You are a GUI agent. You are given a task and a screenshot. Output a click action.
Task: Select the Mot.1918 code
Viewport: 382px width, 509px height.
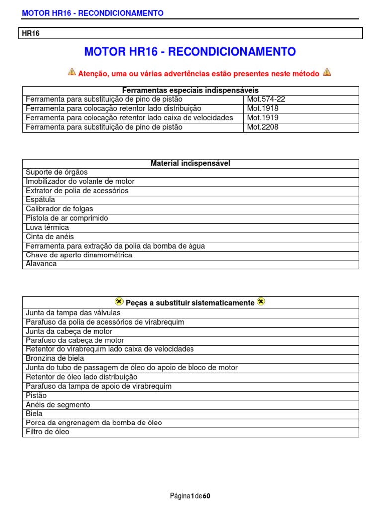(x=263, y=108)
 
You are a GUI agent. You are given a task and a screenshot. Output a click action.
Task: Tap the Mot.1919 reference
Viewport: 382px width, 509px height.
(x=263, y=118)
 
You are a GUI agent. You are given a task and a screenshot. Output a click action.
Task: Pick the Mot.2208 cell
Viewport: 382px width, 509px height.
(x=263, y=127)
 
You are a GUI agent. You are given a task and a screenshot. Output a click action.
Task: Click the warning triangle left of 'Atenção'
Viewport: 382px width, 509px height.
(x=72, y=72)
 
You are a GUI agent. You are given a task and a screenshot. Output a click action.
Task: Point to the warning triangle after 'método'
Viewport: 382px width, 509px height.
(x=327, y=72)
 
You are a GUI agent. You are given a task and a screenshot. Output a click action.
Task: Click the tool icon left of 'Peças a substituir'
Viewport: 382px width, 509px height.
(x=119, y=301)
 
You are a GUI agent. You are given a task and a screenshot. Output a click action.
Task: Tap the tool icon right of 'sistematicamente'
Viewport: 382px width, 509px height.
(x=261, y=301)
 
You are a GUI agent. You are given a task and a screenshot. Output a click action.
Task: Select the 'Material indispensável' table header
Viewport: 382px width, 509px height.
(x=190, y=163)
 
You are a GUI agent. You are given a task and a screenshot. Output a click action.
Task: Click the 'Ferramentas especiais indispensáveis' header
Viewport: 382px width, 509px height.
(x=190, y=90)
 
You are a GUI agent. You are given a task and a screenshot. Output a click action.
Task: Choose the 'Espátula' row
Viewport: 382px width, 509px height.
(x=40, y=200)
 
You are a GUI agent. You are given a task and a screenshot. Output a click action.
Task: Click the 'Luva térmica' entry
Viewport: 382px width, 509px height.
(x=47, y=227)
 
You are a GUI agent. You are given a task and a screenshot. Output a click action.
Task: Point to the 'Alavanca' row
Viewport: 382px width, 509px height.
(x=41, y=264)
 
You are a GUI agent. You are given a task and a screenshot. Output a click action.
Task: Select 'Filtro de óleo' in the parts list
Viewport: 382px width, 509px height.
(x=48, y=432)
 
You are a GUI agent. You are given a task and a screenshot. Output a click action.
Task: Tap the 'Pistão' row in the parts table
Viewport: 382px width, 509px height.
(x=36, y=395)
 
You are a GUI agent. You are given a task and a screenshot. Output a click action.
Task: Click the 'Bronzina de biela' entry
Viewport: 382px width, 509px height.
(x=55, y=358)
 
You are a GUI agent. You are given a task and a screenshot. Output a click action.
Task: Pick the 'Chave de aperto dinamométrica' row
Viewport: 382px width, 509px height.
(x=79, y=255)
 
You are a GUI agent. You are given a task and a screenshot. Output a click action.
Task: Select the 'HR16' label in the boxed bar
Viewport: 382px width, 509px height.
(x=31, y=33)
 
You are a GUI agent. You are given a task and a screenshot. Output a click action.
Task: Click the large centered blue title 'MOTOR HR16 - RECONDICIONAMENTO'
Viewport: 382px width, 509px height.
(x=190, y=52)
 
